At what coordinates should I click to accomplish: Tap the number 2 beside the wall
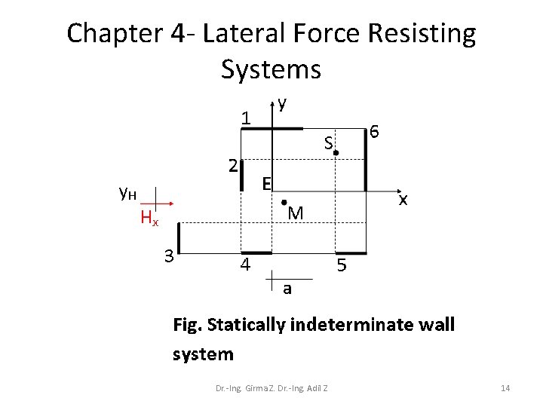click(x=234, y=165)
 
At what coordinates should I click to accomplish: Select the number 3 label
click(x=170, y=256)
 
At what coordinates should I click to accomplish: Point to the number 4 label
click(x=244, y=265)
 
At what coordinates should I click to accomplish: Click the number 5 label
click(x=342, y=265)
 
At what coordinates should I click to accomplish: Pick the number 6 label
click(x=374, y=133)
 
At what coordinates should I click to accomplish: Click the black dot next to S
click(x=336, y=153)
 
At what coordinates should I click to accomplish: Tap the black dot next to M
click(x=283, y=202)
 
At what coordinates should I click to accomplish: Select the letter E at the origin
click(x=266, y=182)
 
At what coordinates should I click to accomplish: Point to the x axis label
click(x=404, y=200)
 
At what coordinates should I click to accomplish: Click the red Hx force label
click(x=149, y=219)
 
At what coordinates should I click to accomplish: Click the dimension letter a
click(x=287, y=289)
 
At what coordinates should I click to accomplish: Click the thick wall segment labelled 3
click(x=179, y=237)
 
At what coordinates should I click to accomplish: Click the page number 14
click(x=505, y=387)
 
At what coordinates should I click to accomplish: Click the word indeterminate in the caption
click(x=343, y=326)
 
